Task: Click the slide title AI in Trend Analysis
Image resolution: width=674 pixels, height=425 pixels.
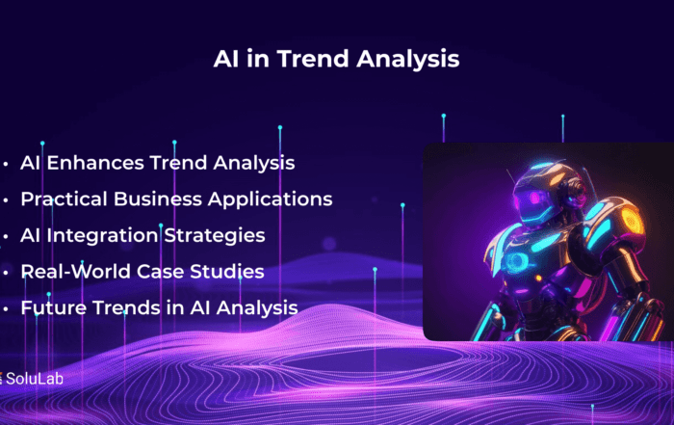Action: pos(337,59)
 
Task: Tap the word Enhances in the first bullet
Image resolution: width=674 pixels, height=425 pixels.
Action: pos(95,163)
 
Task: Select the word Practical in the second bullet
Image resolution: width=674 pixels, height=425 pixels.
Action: pos(65,199)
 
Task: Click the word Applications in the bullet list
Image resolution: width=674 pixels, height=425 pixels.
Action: pos(271,200)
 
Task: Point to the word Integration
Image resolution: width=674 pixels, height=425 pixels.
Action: pos(102,236)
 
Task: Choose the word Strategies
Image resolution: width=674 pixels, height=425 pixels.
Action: pos(215,236)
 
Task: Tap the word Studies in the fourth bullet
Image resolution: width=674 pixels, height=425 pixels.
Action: pos(227,272)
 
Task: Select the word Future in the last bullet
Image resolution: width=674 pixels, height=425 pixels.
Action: pos(54,308)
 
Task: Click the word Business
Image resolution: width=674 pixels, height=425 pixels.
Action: pos(158,199)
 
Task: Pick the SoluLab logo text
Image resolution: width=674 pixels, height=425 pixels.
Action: pos(35,379)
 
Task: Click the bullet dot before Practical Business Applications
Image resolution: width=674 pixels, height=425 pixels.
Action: pos(6,200)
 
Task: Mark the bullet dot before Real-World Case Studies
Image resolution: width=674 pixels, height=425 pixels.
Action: pos(6,273)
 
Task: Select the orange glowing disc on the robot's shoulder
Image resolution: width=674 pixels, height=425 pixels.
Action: pos(631,221)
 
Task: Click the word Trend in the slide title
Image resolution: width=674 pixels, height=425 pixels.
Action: pos(313,59)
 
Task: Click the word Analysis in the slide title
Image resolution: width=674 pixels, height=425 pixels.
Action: pos(408,60)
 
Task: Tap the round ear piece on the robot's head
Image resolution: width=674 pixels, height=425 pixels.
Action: pos(577,188)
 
